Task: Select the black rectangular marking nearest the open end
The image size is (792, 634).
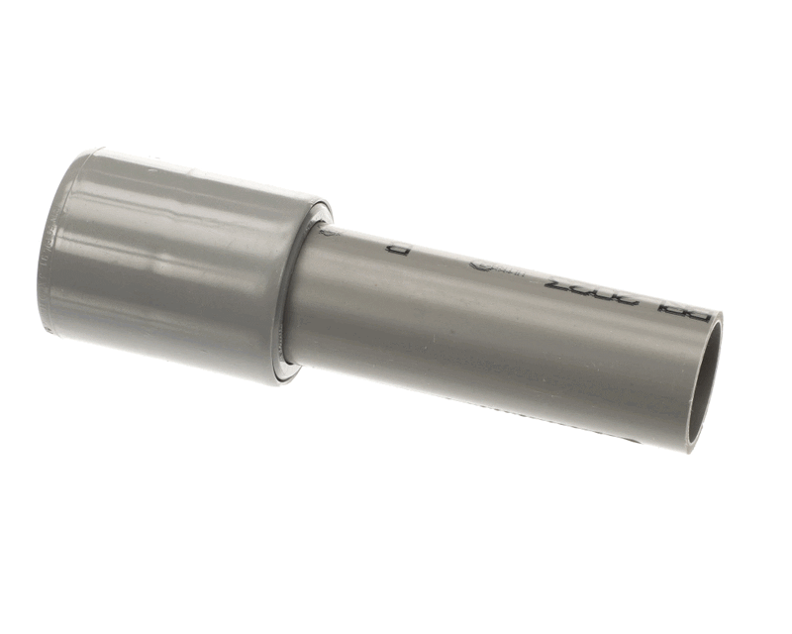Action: [684, 312]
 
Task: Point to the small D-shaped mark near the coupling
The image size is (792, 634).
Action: [398, 249]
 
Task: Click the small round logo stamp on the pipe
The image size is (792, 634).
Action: [478, 265]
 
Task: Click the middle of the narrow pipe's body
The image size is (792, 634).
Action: [495, 327]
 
